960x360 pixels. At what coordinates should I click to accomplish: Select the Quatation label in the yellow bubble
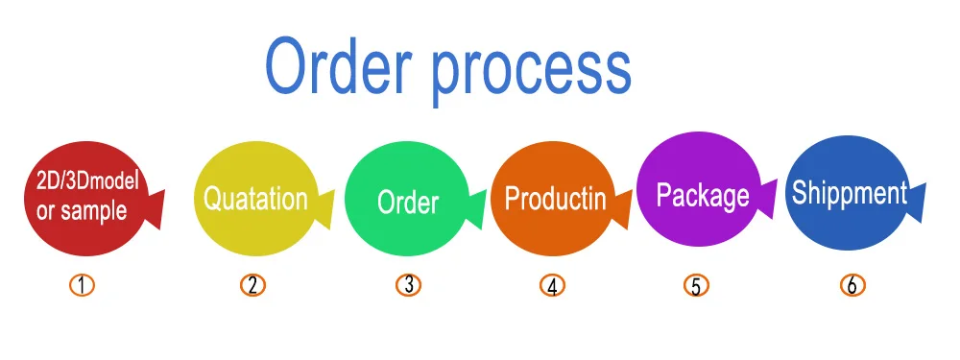tap(255, 199)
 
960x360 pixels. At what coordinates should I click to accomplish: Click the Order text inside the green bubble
tap(408, 202)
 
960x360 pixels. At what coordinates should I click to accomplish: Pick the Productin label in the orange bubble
tap(555, 199)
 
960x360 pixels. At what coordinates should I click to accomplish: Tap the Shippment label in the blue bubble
tap(850, 194)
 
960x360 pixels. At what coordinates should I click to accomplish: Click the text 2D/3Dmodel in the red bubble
tap(88, 181)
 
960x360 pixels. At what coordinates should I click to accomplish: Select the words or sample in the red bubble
tap(82, 210)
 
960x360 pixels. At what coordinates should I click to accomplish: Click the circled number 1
tap(82, 285)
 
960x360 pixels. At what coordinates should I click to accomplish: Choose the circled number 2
tap(252, 285)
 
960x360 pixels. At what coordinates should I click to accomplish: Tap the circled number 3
tap(408, 285)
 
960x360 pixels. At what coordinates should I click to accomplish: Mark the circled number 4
tap(552, 286)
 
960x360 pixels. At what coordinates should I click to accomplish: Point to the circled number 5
tap(696, 286)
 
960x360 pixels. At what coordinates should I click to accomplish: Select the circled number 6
tap(852, 285)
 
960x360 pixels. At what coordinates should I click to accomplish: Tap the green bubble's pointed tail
tap(476, 209)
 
